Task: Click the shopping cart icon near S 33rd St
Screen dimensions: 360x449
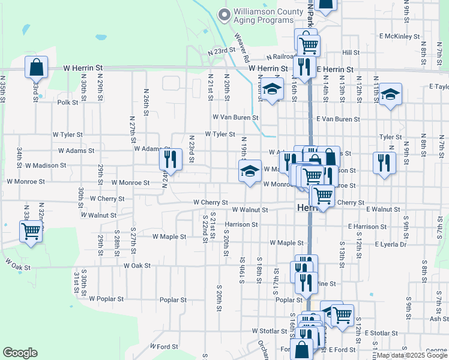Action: point(31,232)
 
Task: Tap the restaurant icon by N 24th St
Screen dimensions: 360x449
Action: point(170,160)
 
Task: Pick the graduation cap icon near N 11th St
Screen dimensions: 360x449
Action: point(390,94)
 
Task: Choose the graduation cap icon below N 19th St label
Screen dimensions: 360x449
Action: point(250,171)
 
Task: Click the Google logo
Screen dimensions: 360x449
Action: point(20,353)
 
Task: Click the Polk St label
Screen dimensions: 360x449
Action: point(68,103)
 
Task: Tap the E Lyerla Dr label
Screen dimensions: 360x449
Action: point(391,244)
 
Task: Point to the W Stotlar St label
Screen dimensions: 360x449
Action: point(270,331)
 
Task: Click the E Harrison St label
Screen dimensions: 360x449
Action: point(367,226)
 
